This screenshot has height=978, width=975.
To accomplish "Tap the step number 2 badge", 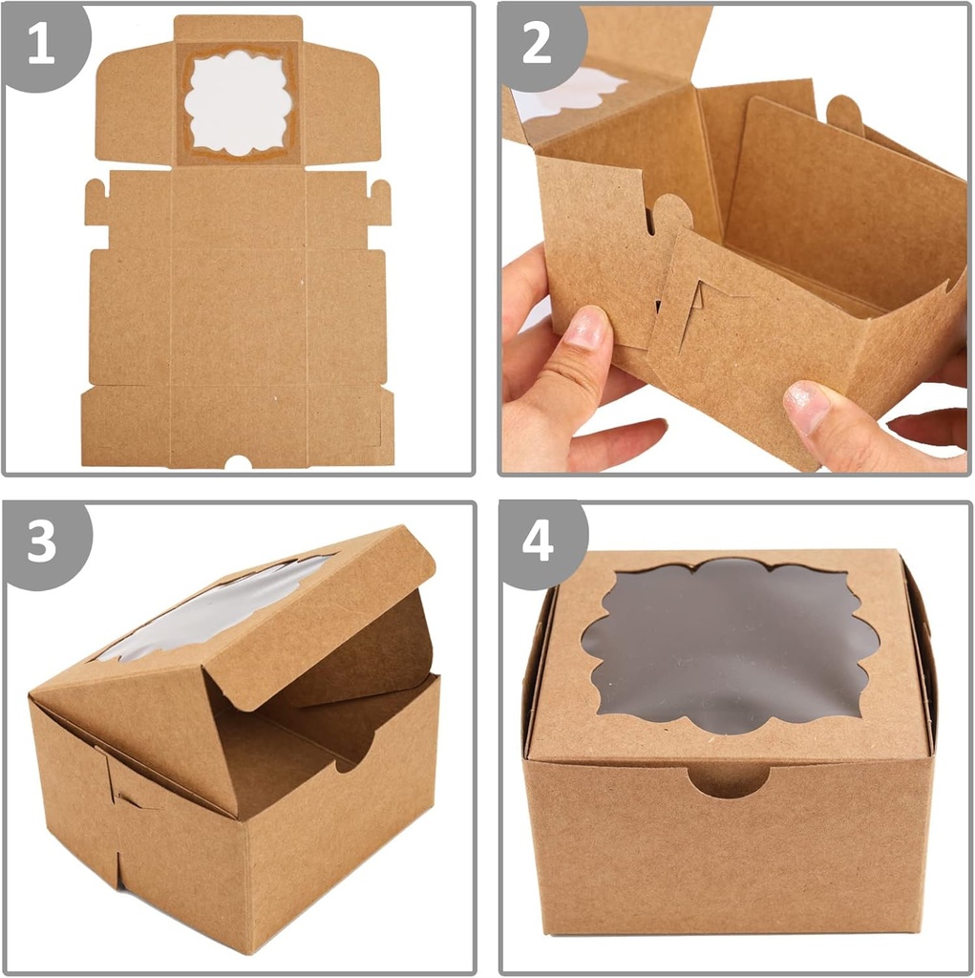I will (537, 44).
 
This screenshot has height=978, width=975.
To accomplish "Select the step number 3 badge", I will (41, 542).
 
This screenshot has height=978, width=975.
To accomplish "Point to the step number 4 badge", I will (537, 542).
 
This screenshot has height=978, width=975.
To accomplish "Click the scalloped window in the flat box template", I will (238, 103).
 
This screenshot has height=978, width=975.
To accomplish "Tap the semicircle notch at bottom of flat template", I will (238, 462).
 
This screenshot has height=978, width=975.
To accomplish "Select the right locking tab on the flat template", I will (380, 201).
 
